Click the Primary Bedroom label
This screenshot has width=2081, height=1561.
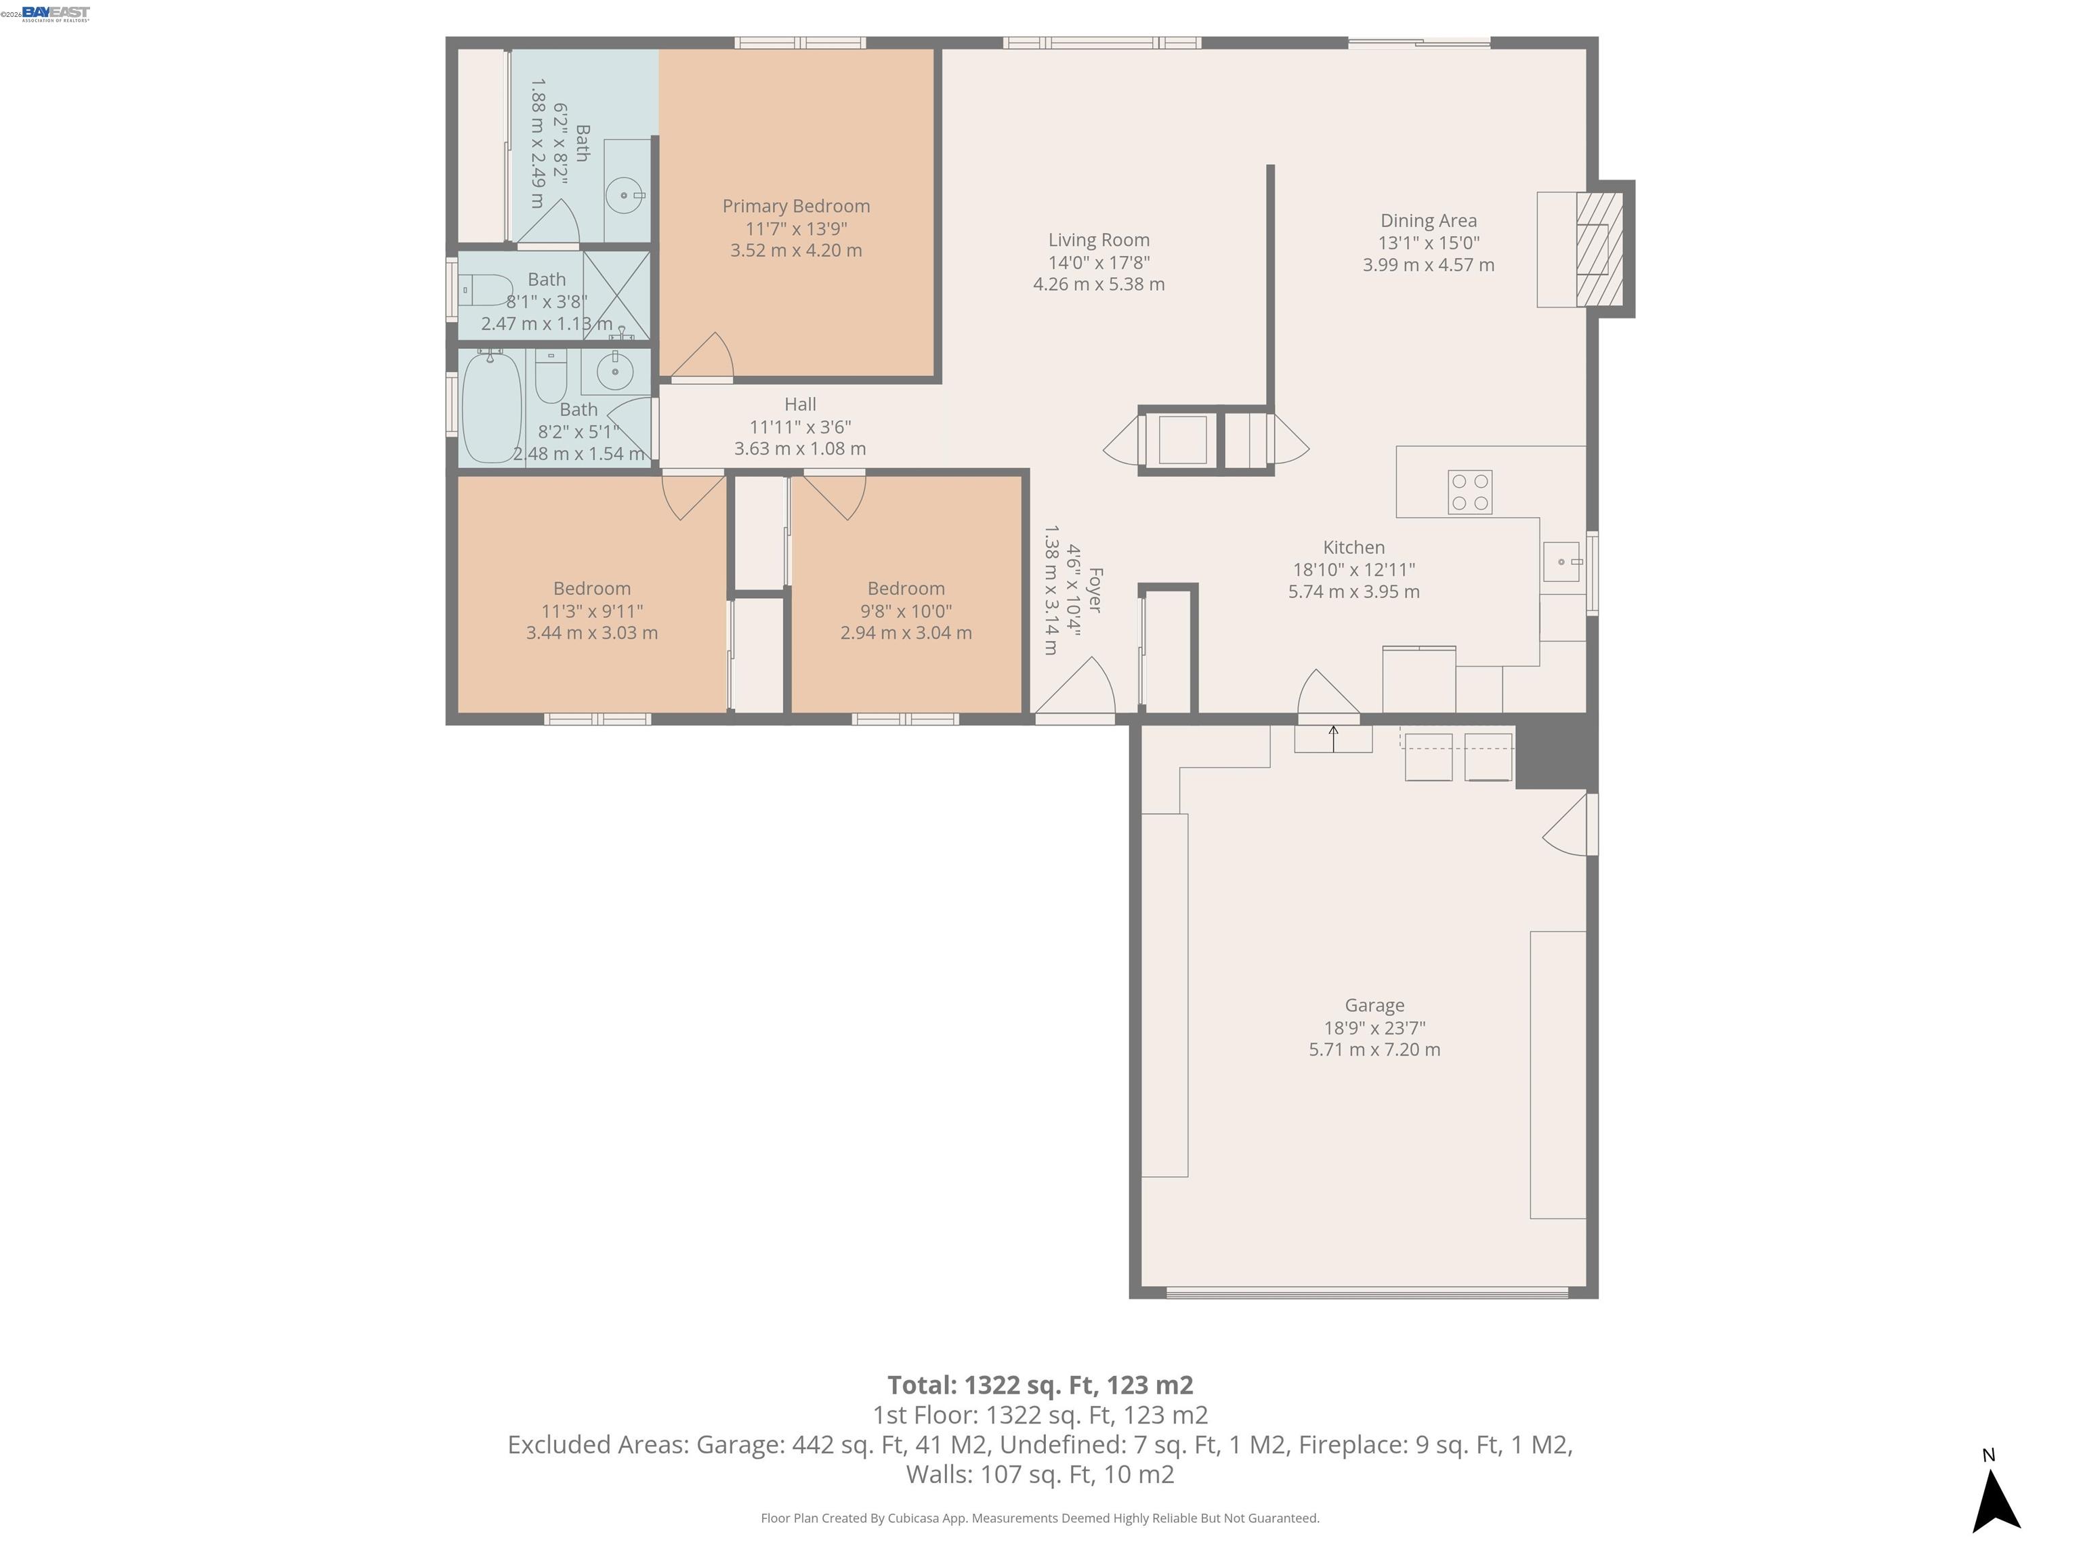[796, 206]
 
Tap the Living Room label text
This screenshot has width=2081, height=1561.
[1099, 240]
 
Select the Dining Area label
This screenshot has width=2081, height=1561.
[1428, 220]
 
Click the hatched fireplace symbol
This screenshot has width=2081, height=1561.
[1599, 249]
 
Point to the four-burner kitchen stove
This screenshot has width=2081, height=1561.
[1469, 492]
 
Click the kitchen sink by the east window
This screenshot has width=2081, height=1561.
[1561, 562]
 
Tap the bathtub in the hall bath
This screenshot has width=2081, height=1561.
[491, 407]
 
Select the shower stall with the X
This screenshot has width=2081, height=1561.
[616, 295]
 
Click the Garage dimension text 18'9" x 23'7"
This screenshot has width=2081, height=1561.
[1374, 1028]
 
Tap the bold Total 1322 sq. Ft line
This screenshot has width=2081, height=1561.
[1040, 1385]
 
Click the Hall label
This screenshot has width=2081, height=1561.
[799, 404]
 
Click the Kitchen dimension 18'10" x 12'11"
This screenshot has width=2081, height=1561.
[1353, 569]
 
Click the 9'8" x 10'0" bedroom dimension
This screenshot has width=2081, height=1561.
[905, 610]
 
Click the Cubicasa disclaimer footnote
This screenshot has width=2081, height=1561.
[1040, 1518]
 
